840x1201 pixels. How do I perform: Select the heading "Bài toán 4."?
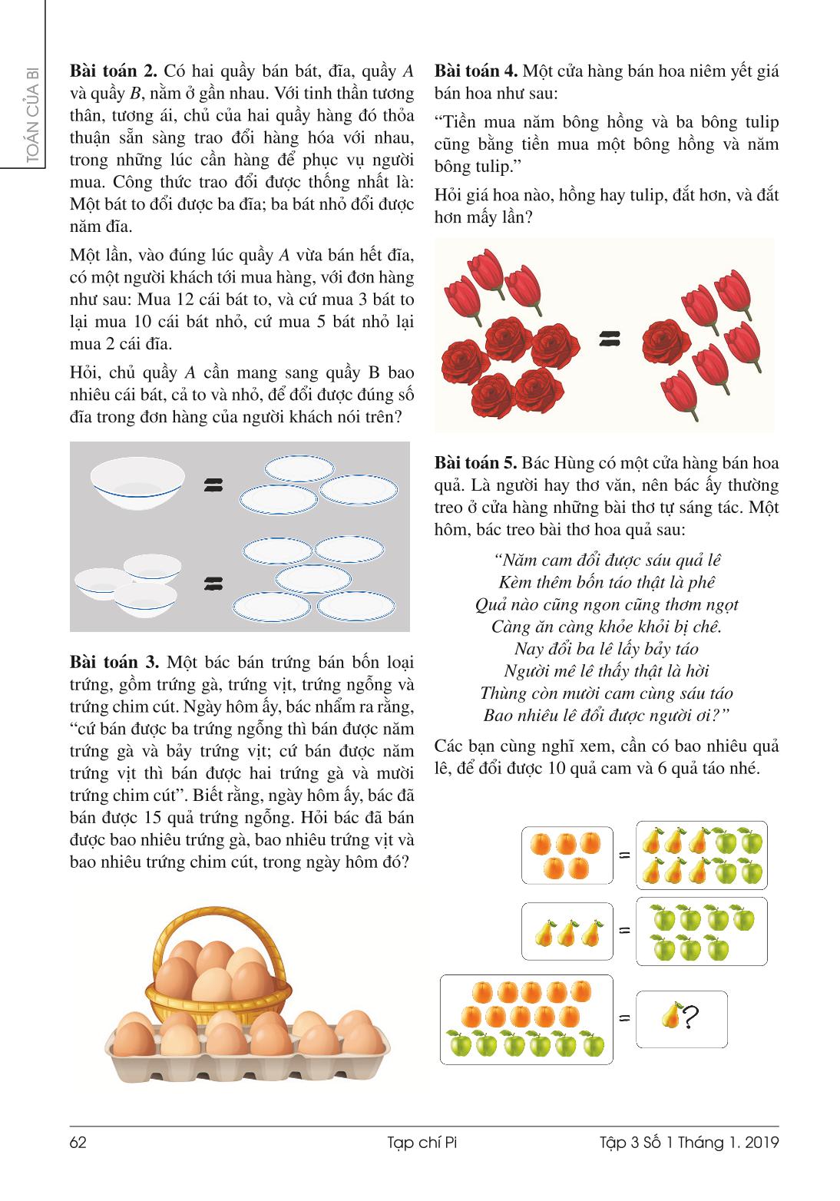pos(476,71)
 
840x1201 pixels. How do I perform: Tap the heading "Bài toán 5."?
pos(476,463)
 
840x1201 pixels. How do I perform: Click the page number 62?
pos(78,1143)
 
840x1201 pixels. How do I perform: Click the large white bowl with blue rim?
pos(137,483)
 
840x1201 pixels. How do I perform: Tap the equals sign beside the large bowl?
pos(213,485)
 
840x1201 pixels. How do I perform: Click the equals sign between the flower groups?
pos(609,339)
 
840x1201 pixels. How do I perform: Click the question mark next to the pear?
pos(690,1018)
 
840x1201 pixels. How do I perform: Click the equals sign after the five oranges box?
pos(624,854)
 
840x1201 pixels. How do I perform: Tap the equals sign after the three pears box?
pos(624,930)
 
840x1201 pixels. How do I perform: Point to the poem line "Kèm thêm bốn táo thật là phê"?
pos(607,582)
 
